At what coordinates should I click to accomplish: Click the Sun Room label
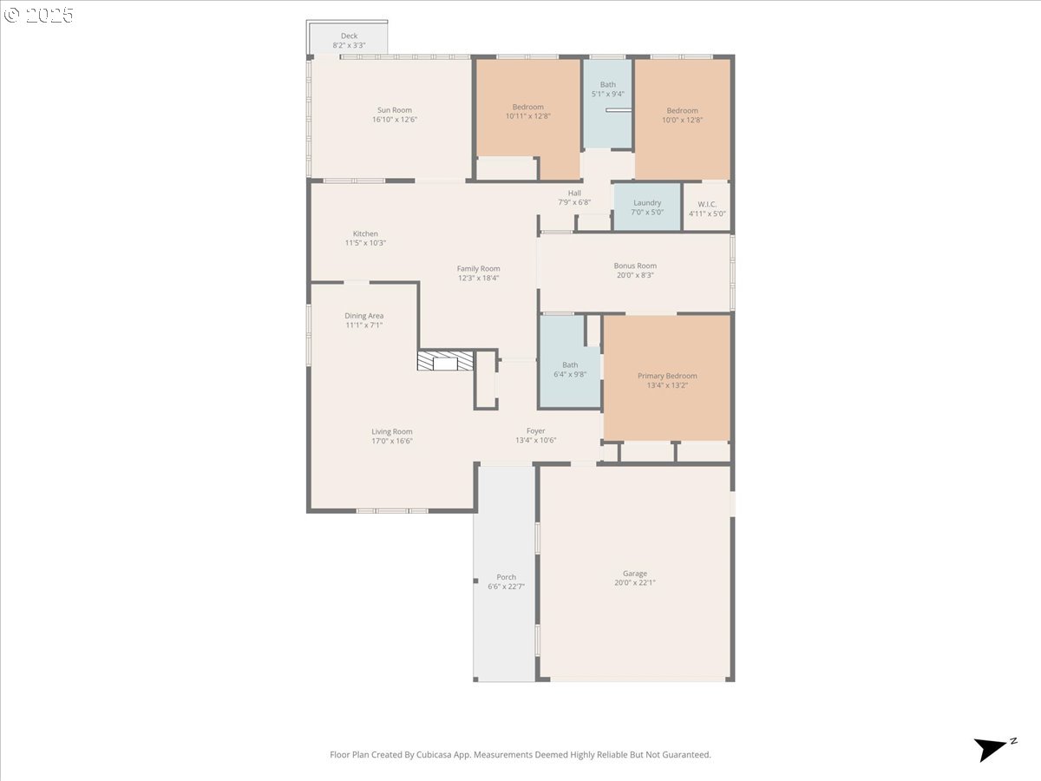(x=394, y=110)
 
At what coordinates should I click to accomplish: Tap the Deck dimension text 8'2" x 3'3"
(x=349, y=45)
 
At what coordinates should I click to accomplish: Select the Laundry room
(x=647, y=207)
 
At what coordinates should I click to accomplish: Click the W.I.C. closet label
(x=707, y=204)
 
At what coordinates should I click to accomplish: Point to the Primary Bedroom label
(x=667, y=376)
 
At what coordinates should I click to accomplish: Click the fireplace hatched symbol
(x=445, y=361)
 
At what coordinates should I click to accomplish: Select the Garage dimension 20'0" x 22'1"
(x=634, y=583)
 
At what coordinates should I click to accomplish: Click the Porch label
(x=506, y=577)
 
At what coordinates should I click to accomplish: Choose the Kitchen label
(x=365, y=233)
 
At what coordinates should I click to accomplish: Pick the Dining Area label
(x=363, y=316)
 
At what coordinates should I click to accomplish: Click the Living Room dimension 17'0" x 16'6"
(x=391, y=441)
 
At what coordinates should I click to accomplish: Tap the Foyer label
(x=535, y=430)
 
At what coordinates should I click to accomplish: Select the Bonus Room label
(x=635, y=266)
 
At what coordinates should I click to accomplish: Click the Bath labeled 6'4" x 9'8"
(x=570, y=370)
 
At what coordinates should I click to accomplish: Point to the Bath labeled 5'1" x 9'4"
(x=607, y=89)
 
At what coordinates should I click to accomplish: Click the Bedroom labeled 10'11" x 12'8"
(x=527, y=111)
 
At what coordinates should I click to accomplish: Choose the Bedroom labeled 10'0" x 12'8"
(x=682, y=115)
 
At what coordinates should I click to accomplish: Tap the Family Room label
(x=478, y=268)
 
